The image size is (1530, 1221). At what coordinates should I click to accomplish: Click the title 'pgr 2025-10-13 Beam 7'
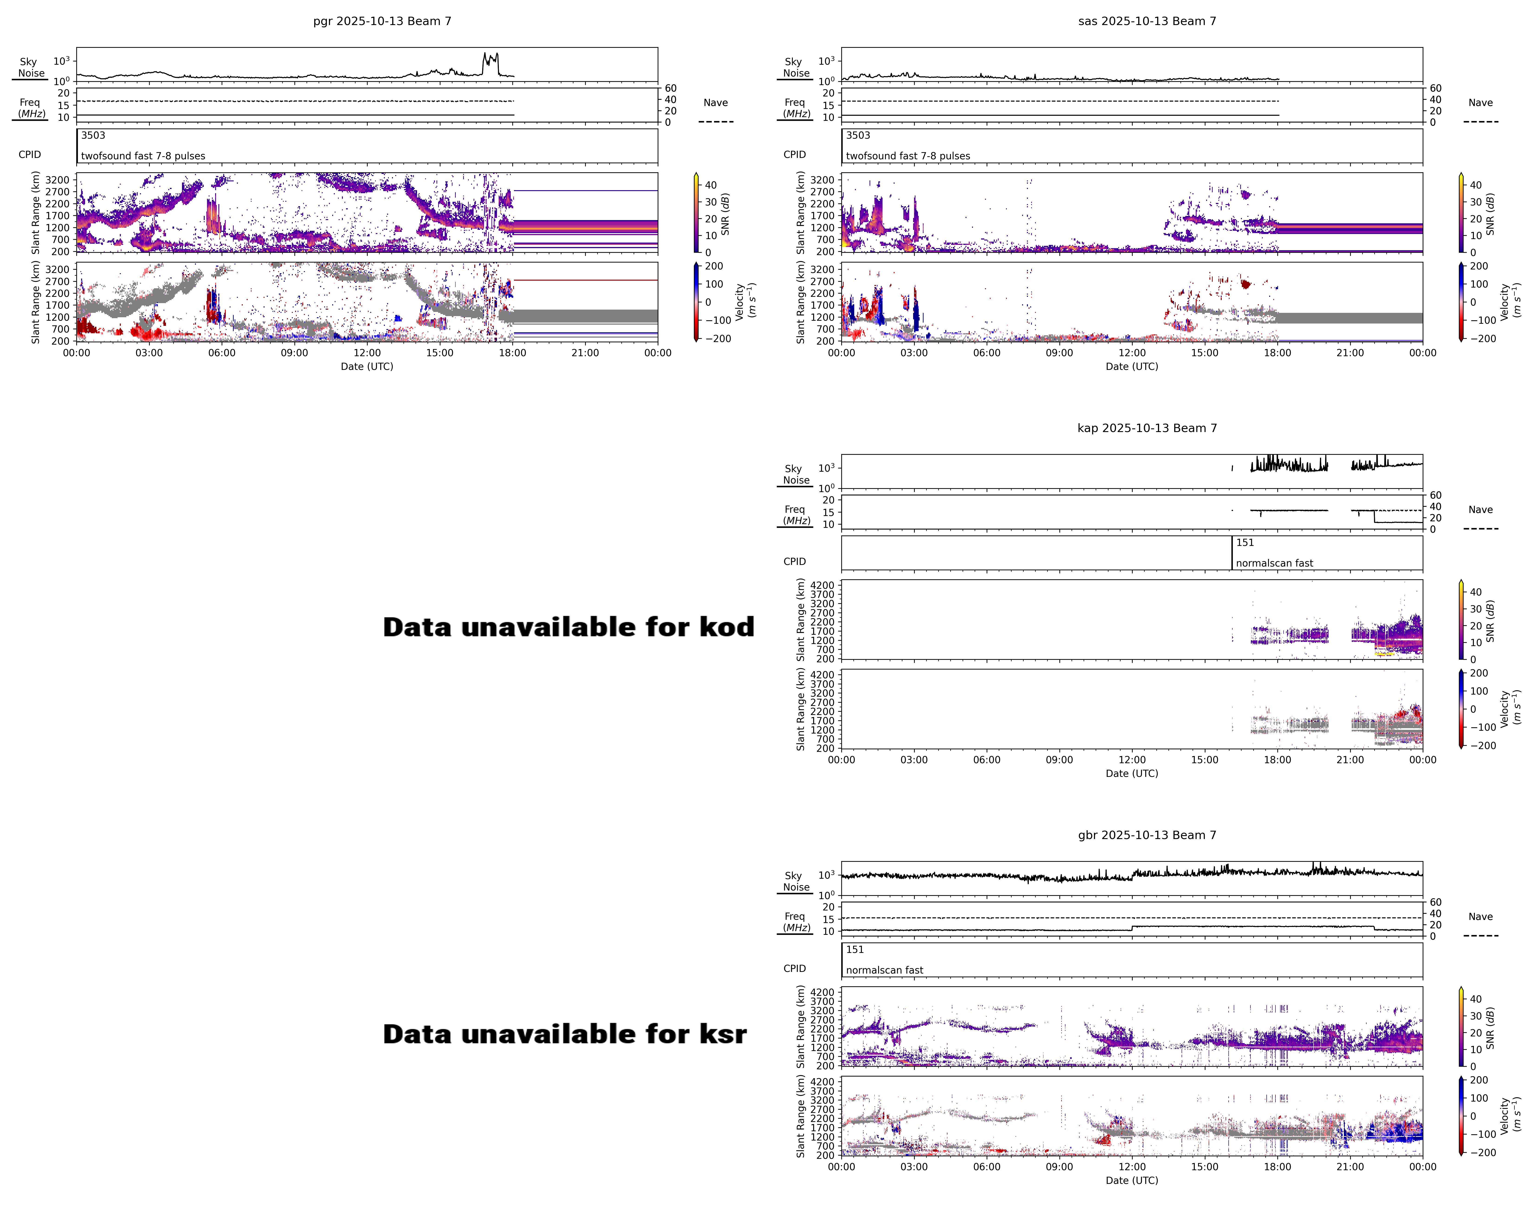(x=382, y=21)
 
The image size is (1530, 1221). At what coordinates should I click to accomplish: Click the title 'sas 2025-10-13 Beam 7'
(x=1147, y=21)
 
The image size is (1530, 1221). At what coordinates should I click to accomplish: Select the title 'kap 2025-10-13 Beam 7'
(x=1147, y=428)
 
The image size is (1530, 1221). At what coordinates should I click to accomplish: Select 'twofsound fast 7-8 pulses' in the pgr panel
(x=143, y=156)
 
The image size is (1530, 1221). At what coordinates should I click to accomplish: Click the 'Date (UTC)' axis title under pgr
(x=366, y=366)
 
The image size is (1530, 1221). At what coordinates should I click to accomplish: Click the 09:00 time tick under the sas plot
(x=1059, y=353)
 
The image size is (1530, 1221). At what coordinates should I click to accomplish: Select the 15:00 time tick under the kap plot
(x=1204, y=760)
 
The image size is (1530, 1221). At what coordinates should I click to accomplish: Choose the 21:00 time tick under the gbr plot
(x=1350, y=1166)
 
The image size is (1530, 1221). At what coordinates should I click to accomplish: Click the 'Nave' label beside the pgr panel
(x=715, y=103)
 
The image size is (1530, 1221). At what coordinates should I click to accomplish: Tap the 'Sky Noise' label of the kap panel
(x=796, y=474)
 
